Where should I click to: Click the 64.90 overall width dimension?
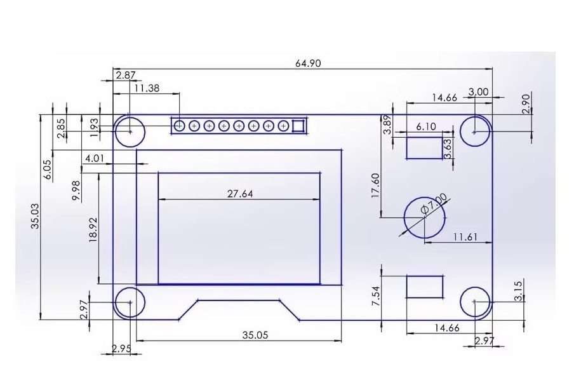coord(308,64)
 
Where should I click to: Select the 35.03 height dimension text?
coord(35,216)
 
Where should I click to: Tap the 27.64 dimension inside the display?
coord(240,193)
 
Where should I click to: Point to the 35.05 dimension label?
coord(255,335)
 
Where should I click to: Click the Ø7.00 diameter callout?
coord(434,204)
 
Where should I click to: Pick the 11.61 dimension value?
coord(465,237)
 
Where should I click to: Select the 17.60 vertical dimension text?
coord(375,186)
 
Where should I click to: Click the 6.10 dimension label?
coord(426,126)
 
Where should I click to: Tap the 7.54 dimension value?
coord(376,296)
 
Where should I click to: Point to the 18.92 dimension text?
coord(93,229)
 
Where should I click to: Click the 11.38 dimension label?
coord(147,88)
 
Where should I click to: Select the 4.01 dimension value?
coord(95,158)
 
